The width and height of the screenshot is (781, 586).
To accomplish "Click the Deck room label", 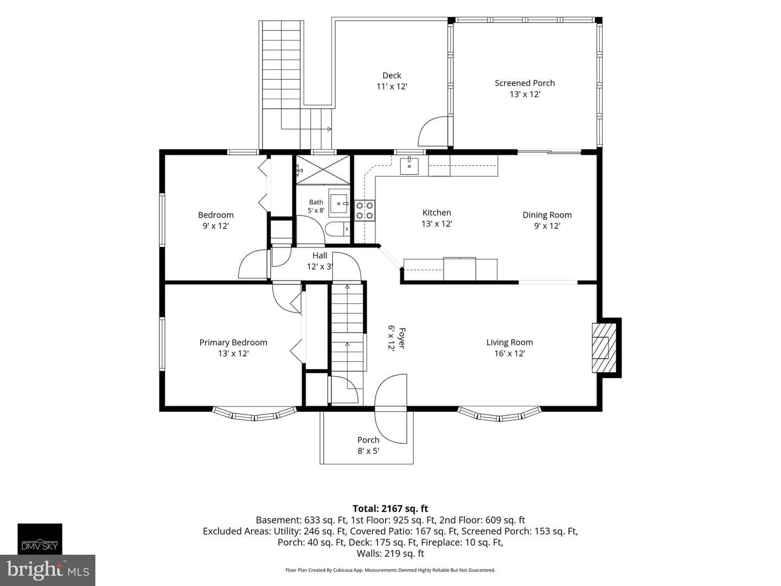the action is (x=392, y=75).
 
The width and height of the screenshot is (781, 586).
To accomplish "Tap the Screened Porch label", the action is (x=524, y=83).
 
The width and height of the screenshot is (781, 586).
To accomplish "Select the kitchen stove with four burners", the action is (x=364, y=211).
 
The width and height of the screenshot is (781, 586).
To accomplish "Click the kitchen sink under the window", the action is (x=409, y=165).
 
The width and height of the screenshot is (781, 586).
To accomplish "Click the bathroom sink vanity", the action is (x=339, y=203).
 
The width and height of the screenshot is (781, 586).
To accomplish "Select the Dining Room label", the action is (x=547, y=215).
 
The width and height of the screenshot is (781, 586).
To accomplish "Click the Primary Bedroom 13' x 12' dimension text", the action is (x=233, y=353).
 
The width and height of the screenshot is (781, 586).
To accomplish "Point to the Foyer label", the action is (x=402, y=338).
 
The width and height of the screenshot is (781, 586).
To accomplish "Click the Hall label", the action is (x=319, y=256).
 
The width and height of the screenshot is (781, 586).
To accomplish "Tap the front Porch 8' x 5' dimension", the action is (x=368, y=451).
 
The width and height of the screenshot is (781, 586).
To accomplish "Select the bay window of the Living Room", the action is (x=499, y=415).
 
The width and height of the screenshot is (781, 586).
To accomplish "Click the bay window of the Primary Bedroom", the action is (x=254, y=415).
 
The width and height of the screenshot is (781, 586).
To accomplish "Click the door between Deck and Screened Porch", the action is (x=433, y=131).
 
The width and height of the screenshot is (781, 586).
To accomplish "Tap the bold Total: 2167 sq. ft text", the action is (x=390, y=508).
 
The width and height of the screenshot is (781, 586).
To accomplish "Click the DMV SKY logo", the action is (x=40, y=539).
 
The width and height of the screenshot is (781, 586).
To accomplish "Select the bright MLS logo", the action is (x=47, y=570).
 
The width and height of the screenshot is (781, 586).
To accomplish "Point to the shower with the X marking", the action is (x=323, y=170).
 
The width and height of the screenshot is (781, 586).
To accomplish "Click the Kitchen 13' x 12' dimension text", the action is (x=437, y=224).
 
